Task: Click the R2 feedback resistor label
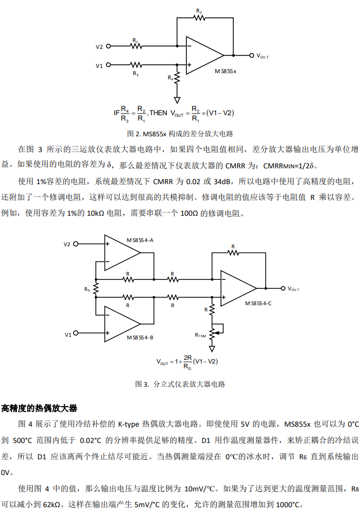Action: point(198,10)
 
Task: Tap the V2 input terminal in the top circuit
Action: point(108,46)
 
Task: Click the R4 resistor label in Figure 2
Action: point(171,77)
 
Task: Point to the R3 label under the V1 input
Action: point(136,74)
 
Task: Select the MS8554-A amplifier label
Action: point(139,240)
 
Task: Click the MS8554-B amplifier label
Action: point(139,337)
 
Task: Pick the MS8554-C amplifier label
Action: point(258,304)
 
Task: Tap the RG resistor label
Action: point(87,289)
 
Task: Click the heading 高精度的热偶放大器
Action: point(39,409)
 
